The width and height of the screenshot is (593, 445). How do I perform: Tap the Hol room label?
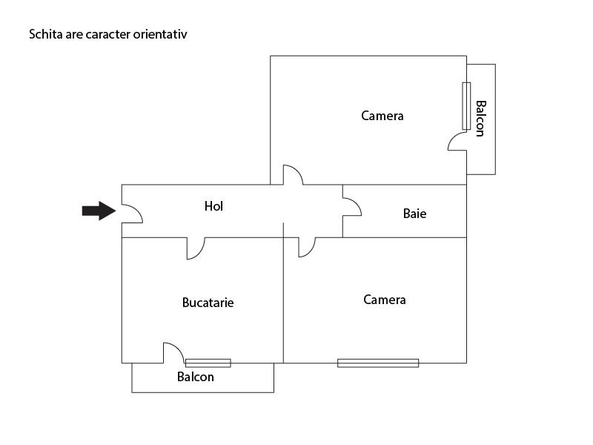click(213, 206)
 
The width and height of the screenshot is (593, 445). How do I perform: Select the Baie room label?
click(414, 214)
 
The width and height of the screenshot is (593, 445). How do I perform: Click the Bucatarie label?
click(208, 303)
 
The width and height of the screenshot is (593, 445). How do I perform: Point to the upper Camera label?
click(382, 116)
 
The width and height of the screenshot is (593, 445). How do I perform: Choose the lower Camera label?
click(385, 300)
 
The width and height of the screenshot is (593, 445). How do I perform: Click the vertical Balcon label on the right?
click(480, 119)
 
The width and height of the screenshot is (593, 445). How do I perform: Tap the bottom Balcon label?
click(196, 377)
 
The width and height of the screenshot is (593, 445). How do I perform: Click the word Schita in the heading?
click(44, 34)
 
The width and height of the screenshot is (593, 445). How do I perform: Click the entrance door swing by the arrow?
click(132, 214)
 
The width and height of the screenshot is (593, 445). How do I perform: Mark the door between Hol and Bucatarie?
click(196, 248)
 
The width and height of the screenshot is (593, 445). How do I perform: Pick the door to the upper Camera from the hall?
click(294, 175)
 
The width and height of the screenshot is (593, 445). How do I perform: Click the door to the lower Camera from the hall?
click(307, 246)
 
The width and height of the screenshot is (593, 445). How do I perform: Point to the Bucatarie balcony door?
click(173, 353)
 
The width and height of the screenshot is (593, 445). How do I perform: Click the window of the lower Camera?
click(378, 363)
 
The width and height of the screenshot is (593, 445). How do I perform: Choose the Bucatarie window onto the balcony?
click(208, 363)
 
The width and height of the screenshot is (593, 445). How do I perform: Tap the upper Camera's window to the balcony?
click(466, 106)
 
